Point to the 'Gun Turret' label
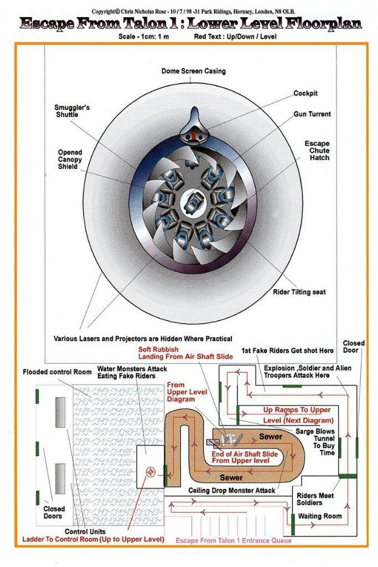pyautogui.click(x=312, y=114)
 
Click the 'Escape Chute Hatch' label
pyautogui.click(x=317, y=151)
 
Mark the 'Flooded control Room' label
pyautogui.click(x=51, y=372)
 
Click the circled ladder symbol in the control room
pyautogui.click(x=150, y=472)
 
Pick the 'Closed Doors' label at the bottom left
pyautogui.click(x=54, y=512)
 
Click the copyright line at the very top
pyautogui.click(x=190, y=10)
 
